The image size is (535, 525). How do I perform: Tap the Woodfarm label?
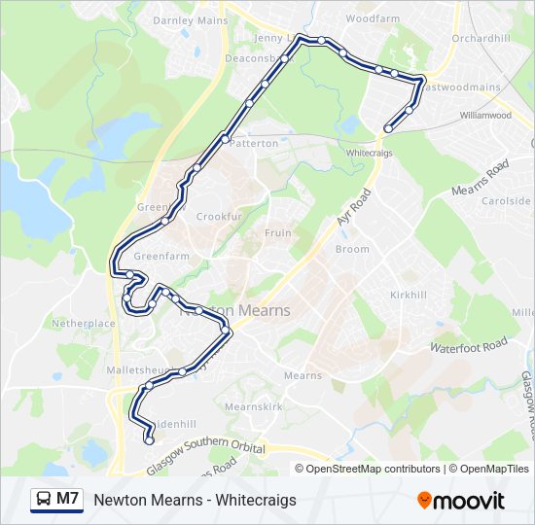pos(373,18)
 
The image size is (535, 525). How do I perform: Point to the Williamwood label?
pos(485,115)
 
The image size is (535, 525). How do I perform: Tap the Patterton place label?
pos(254,143)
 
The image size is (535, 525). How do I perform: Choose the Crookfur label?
pos(217,217)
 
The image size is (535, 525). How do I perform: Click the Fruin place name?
pos(278,233)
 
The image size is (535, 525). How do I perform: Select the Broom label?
pos(352,250)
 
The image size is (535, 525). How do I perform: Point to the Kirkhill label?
pos(409,295)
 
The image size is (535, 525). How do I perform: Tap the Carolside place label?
pos(507,201)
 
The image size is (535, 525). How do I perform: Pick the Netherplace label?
pos(84,323)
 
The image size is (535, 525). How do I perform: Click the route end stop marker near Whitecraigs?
pos(388,128)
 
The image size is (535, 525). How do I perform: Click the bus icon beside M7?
pos(44,500)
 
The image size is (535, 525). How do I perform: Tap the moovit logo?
pos(461,501)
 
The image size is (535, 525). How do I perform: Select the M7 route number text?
pos(67,499)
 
